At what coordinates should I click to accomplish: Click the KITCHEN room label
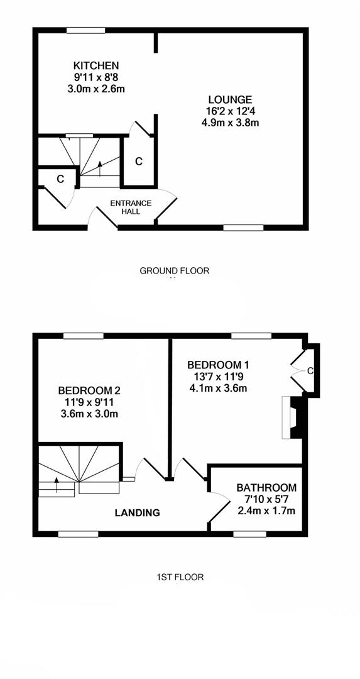tap(96, 65)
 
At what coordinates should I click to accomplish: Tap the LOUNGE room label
tap(230, 99)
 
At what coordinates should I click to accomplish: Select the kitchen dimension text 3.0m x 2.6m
tap(96, 88)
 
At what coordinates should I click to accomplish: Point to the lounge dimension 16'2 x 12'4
tap(230, 111)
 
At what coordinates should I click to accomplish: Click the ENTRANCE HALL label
tap(131, 207)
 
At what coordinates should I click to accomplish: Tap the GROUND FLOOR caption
tap(174, 271)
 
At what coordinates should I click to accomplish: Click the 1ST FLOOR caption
tap(180, 577)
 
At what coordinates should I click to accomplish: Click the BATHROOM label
tap(266, 487)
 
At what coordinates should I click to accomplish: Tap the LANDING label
tap(137, 513)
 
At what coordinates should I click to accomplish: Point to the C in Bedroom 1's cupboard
tap(310, 371)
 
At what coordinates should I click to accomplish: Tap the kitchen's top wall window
tap(86, 30)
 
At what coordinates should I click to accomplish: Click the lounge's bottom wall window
tap(243, 228)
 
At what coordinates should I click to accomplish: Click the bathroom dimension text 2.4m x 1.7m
tap(266, 510)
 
